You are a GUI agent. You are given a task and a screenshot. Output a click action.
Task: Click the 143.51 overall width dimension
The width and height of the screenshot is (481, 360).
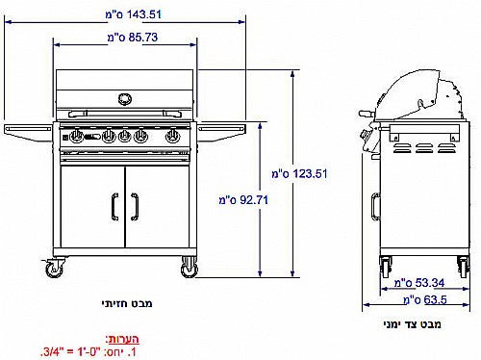click(134, 14)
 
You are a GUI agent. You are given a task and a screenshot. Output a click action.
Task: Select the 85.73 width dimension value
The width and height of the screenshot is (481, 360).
click(133, 38)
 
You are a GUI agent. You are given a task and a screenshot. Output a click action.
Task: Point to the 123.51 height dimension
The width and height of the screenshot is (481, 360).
click(299, 174)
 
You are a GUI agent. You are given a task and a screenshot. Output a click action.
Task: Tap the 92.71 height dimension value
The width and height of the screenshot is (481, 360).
click(243, 200)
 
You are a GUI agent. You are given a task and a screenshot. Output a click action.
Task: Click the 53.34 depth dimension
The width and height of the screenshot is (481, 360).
click(419, 283)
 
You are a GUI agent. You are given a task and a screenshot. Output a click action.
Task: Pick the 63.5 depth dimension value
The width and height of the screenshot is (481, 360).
click(425, 300)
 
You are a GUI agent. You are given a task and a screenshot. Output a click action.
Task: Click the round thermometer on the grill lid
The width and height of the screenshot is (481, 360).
click(125, 99)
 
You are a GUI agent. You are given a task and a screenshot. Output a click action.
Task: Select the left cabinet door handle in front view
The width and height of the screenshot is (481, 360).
click(114, 207)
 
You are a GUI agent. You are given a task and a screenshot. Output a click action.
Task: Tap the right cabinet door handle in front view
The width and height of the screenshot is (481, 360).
click(135, 207)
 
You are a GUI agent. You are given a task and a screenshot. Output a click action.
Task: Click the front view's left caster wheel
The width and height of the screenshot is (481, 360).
click(54, 269)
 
